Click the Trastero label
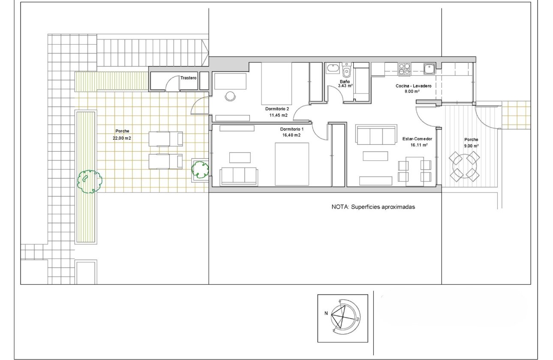[189, 78]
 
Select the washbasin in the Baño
[332, 69]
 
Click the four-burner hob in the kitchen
[405, 68]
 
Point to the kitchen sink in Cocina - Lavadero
[429, 68]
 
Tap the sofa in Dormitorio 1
[239, 176]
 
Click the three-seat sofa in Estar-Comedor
[376, 135]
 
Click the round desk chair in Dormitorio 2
[231, 96]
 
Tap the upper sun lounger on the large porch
[165, 139]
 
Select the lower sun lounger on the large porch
[165, 162]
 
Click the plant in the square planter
[200, 169]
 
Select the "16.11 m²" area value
[417, 145]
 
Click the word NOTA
[340, 207]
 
